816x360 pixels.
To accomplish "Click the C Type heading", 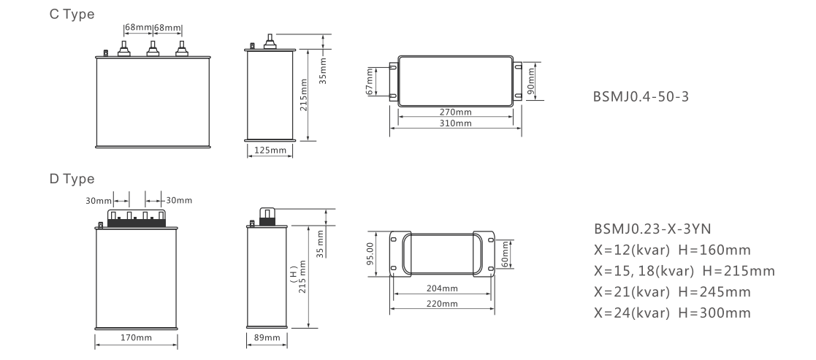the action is click(x=72, y=15).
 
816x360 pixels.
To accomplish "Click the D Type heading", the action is click(x=72, y=179).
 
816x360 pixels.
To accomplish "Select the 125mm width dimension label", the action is click(x=270, y=150).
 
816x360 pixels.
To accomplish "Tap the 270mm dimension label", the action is click(x=455, y=112).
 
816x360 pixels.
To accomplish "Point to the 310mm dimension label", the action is click(x=455, y=123).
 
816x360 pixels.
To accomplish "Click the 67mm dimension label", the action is click(x=370, y=82).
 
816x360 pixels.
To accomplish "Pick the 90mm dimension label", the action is click(x=531, y=81).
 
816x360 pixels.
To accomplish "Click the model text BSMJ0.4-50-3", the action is click(x=641, y=97).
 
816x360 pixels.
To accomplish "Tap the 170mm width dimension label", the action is click(x=137, y=337).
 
